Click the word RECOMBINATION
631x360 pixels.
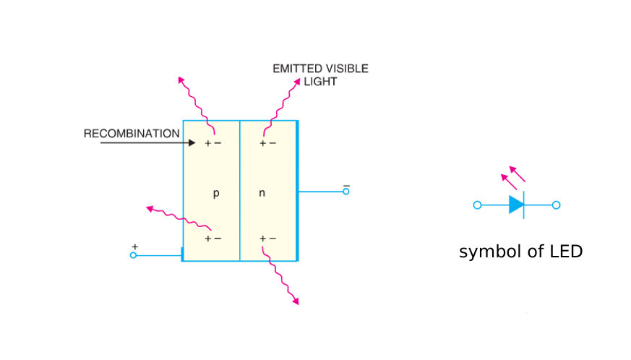tap(132, 134)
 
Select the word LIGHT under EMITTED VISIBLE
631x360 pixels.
tap(320, 82)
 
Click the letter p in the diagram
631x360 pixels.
tap(215, 194)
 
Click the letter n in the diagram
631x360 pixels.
tap(262, 194)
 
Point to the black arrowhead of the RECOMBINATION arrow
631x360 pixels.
tap(192, 143)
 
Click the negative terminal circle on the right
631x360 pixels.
tap(345, 192)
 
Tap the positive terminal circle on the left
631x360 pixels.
tap(133, 255)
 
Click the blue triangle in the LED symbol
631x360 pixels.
tap(516, 205)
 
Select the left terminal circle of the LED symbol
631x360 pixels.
tap(477, 205)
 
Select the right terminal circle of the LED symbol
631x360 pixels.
tap(556, 205)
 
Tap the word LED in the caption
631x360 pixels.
tap(565, 252)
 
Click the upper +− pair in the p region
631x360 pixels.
tap(213, 143)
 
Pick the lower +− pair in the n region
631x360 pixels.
tap(267, 239)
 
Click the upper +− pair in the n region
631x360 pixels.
tap(267, 143)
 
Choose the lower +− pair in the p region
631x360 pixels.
tap(213, 239)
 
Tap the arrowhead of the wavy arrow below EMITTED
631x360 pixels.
tap(296, 82)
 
